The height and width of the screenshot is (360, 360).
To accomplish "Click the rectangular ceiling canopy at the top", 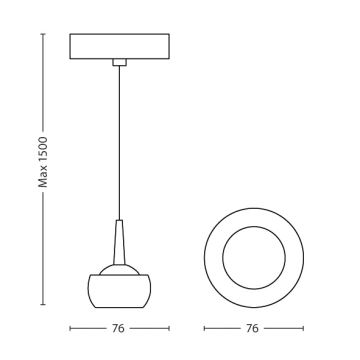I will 119,47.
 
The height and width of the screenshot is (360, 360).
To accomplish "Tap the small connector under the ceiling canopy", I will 120,64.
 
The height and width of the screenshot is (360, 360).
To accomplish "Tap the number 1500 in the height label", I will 43,148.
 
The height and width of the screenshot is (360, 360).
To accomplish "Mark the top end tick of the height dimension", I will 43,34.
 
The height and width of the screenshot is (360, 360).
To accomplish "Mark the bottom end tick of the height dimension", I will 43,304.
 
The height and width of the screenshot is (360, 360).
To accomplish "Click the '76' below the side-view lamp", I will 120,327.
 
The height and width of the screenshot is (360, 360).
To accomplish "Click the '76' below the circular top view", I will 253,327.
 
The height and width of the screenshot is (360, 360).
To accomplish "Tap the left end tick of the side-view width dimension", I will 69,327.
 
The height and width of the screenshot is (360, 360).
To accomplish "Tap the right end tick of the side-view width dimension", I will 170,327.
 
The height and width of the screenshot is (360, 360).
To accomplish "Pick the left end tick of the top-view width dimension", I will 202,327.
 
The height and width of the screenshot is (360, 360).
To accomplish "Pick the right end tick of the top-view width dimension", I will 303,327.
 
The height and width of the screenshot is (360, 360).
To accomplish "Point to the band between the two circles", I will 253,216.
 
